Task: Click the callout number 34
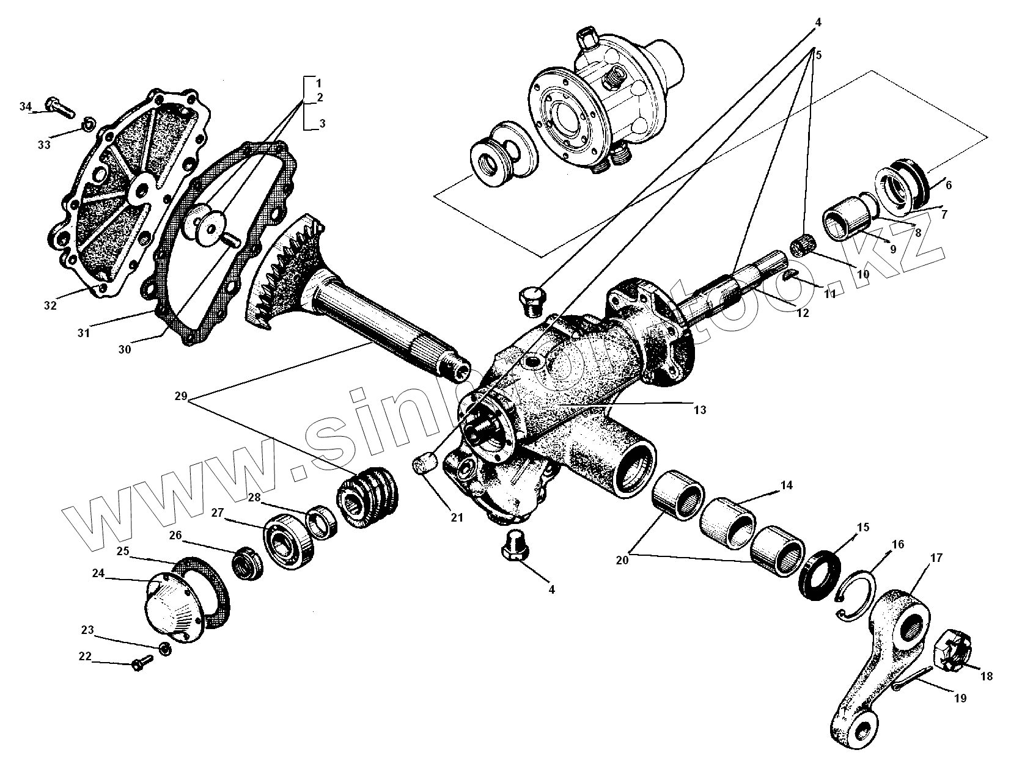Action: (x=25, y=107)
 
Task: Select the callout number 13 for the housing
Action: (x=699, y=410)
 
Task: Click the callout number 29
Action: (x=180, y=396)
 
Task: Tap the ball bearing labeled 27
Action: (x=289, y=540)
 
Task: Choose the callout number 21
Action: (x=457, y=517)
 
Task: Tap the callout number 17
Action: (x=936, y=558)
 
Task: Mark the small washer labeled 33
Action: (x=88, y=126)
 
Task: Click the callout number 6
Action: (x=948, y=184)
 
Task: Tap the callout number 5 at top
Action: (x=818, y=55)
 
